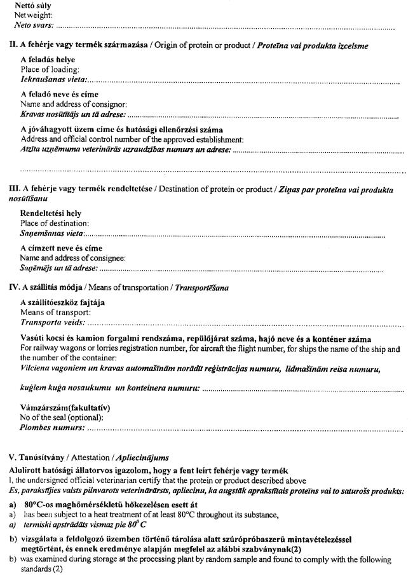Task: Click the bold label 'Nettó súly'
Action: [x=33, y=6]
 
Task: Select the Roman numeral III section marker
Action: [x=11, y=189]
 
